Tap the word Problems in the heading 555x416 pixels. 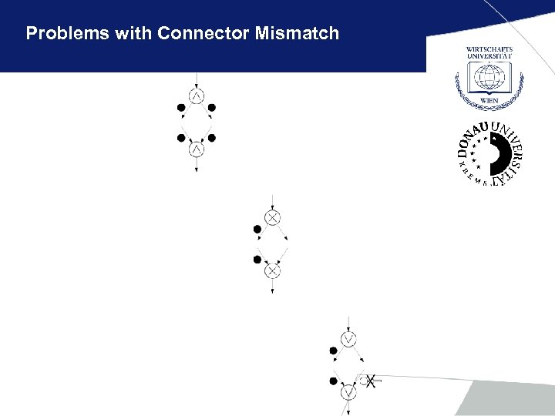[65, 33]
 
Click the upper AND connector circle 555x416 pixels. [197, 96]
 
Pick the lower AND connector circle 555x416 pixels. [197, 149]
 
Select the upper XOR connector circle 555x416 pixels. [272, 218]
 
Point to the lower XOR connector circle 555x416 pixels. [272, 271]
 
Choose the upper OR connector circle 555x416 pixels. [348, 339]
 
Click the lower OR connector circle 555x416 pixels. [348, 392]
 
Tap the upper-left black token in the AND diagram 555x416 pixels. [181, 107]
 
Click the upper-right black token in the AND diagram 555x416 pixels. [212, 107]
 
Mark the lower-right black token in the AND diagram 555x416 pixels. [212, 138]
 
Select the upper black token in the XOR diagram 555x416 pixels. [257, 229]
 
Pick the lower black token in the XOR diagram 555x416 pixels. [257, 260]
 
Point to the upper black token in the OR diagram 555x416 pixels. [333, 351]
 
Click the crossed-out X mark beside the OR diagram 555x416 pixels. [371, 381]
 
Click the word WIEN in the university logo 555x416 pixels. [489, 100]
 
